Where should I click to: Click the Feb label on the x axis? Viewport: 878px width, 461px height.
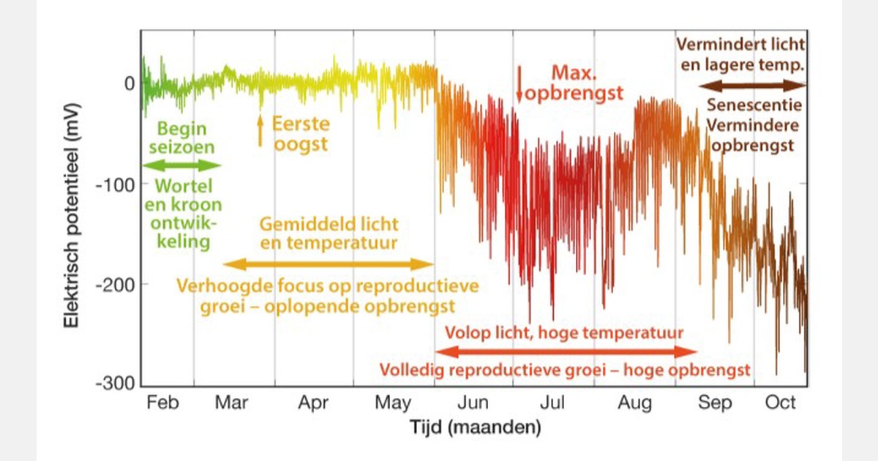(x=162, y=403)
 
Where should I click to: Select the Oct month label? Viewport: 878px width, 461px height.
(x=780, y=403)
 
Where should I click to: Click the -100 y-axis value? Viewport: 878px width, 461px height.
(x=116, y=184)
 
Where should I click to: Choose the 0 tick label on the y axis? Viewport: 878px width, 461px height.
(x=129, y=83)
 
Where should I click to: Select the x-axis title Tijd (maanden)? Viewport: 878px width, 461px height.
(x=475, y=427)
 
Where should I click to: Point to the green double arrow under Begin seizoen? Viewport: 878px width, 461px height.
(x=183, y=164)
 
